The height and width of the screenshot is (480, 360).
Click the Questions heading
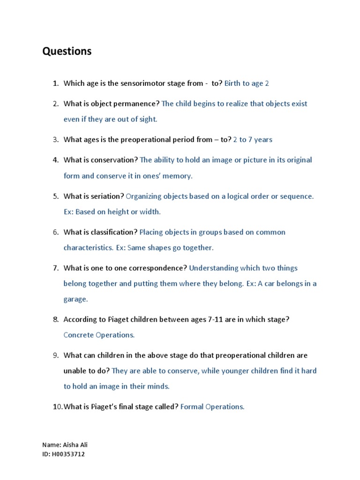click(67, 52)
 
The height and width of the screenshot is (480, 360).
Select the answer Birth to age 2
click(247, 83)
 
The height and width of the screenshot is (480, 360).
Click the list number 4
click(55, 160)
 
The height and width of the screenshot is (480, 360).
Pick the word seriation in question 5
click(108, 196)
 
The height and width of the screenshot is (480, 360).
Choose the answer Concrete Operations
click(99, 335)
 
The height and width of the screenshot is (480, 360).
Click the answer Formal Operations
click(212, 407)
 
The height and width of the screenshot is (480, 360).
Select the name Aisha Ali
click(74, 445)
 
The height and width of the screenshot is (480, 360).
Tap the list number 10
click(57, 407)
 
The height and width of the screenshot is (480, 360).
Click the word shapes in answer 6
click(157, 247)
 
